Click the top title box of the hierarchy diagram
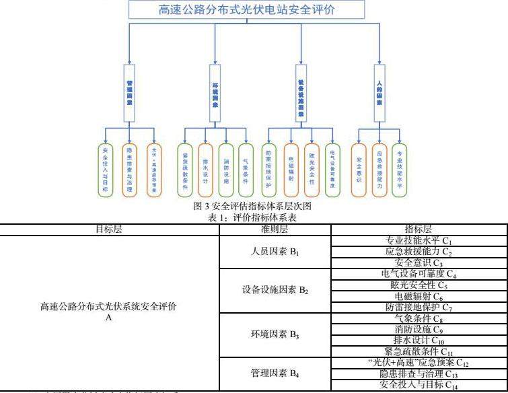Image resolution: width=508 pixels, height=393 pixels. pyautogui.click(x=248, y=9)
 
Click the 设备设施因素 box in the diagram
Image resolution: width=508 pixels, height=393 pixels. pyautogui.click(x=301, y=95)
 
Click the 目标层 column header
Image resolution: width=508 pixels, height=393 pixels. pyautogui.click(x=109, y=229)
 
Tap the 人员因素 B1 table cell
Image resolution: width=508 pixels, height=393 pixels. pyautogui.click(x=275, y=252)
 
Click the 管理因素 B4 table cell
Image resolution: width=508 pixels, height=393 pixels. pyautogui.click(x=275, y=373)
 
